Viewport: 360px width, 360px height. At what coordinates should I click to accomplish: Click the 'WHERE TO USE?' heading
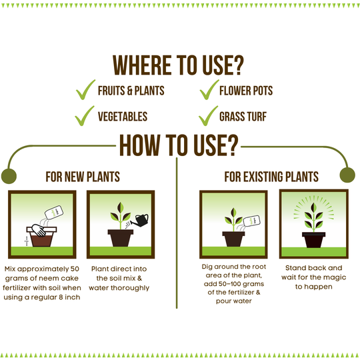(178, 65)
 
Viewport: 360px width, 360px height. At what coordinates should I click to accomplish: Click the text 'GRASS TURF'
(243, 117)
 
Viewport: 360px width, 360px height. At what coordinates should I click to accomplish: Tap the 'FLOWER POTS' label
(246, 91)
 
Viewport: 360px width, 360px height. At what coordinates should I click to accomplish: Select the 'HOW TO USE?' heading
(179, 145)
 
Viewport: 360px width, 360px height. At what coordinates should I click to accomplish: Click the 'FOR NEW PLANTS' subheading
(83, 177)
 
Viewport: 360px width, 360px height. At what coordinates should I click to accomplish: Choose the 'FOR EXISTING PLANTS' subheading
(271, 177)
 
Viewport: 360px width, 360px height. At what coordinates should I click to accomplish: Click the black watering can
(141, 220)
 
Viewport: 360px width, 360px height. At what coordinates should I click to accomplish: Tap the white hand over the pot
(39, 230)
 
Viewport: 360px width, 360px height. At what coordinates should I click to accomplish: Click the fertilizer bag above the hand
(54, 212)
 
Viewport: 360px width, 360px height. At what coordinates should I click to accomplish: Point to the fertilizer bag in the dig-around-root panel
(251, 221)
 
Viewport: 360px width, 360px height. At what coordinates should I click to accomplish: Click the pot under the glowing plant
(313, 240)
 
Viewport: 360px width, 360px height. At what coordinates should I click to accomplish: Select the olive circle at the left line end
(9, 176)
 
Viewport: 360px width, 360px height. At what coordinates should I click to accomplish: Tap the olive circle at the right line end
(347, 175)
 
